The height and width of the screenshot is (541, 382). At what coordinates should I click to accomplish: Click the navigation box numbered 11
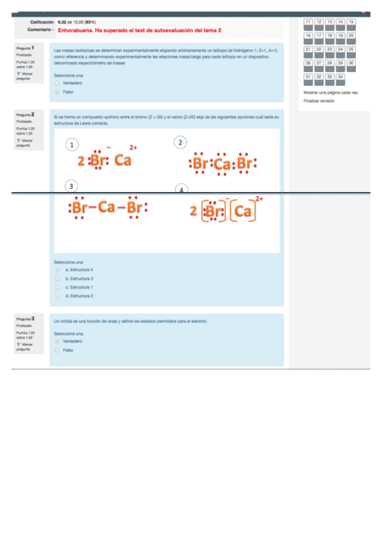(x=309, y=23)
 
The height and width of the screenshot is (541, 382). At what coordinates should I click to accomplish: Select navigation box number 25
(x=351, y=50)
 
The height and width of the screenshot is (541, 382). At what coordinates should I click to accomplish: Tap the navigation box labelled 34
(x=341, y=78)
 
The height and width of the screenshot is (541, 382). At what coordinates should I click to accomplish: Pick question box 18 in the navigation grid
(x=330, y=37)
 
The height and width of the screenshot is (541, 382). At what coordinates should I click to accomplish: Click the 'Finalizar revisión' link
(x=319, y=101)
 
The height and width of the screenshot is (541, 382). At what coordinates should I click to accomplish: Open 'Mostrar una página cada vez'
(x=331, y=93)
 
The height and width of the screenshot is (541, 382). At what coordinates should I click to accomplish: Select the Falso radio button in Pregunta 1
(x=57, y=92)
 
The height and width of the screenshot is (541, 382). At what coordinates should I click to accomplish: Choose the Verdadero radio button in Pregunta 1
(x=57, y=83)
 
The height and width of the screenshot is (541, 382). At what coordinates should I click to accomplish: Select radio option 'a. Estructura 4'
(x=57, y=270)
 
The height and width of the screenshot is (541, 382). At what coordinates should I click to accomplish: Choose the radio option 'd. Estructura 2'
(x=57, y=296)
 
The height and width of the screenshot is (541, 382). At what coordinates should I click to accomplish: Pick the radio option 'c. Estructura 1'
(x=57, y=287)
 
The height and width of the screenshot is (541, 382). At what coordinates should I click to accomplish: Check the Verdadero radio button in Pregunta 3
(x=57, y=341)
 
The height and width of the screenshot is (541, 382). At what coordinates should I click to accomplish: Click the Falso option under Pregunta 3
(x=57, y=350)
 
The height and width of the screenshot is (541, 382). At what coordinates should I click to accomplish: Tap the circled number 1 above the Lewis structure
(x=73, y=144)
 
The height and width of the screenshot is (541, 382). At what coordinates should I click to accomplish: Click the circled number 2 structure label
(x=181, y=142)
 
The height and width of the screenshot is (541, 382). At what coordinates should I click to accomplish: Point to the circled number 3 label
(x=72, y=186)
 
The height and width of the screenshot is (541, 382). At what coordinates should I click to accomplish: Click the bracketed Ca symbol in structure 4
(x=242, y=211)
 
